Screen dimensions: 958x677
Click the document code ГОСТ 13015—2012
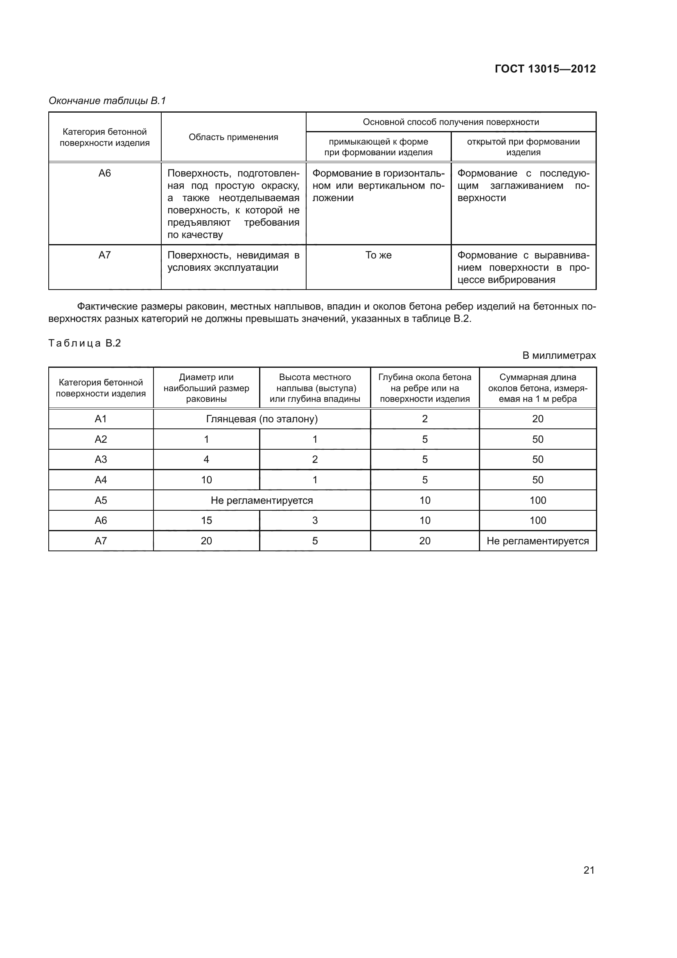click(x=545, y=69)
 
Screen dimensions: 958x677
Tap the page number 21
click(x=589, y=870)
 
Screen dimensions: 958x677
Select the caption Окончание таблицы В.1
click(x=107, y=101)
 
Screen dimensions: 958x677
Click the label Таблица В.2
click(x=85, y=343)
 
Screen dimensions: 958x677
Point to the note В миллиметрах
click(x=559, y=356)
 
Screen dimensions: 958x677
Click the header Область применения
click(x=233, y=137)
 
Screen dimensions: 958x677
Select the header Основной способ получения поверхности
click(x=451, y=122)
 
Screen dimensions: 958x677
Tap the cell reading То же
click(x=378, y=255)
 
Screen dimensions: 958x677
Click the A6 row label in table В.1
click(x=105, y=173)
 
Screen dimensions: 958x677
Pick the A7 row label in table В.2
click(x=101, y=541)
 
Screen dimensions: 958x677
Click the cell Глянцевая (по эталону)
click(x=262, y=419)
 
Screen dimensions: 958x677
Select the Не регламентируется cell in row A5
click(x=262, y=500)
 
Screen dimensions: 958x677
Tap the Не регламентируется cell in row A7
click(x=537, y=541)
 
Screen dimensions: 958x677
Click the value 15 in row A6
click(x=206, y=520)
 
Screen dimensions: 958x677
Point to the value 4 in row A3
click(x=206, y=460)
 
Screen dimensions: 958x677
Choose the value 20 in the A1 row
click(x=537, y=419)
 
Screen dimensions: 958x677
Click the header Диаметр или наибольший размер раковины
click(x=206, y=388)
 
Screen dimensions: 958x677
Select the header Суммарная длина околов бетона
click(x=537, y=388)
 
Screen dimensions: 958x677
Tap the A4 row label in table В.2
click(x=101, y=480)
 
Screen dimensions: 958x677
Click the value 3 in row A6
click(x=315, y=520)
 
